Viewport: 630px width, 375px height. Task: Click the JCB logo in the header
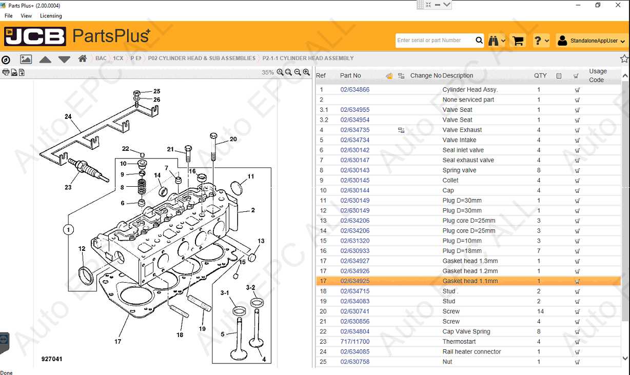tap(35, 36)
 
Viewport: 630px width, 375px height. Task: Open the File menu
tap(9, 16)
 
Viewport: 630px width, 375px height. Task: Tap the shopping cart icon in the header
tap(518, 41)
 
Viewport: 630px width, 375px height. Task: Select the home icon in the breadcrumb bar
tap(82, 58)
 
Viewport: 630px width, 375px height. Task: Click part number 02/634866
tap(355, 90)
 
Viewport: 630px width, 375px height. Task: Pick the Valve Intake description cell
tap(459, 140)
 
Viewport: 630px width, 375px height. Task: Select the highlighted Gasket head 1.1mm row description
tap(470, 281)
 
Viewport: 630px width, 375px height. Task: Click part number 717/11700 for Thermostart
tap(355, 342)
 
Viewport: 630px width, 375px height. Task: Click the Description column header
tap(458, 75)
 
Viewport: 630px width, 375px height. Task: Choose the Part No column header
tap(350, 75)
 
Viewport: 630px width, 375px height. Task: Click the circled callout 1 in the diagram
tap(68, 229)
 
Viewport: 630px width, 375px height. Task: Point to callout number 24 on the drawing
tap(68, 117)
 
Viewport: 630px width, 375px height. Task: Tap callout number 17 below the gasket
tap(117, 341)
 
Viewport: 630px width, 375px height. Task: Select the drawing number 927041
tap(52, 359)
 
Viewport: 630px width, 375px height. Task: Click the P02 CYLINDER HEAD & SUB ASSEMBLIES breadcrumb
tap(202, 58)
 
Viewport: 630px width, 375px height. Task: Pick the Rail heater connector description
tap(471, 352)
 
